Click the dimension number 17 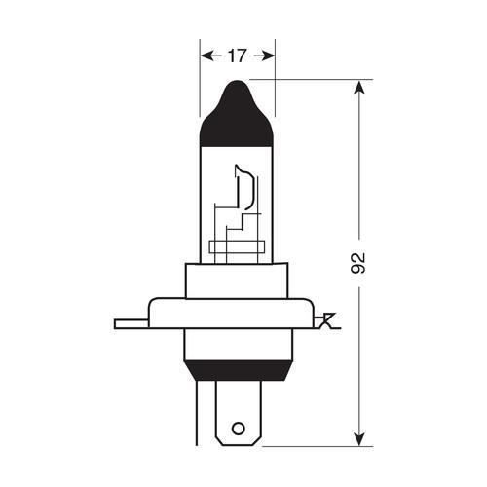(x=238, y=56)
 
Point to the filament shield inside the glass (x=243, y=190)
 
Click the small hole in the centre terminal (x=237, y=426)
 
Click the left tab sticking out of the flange (x=130, y=320)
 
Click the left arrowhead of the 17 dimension (x=206, y=56)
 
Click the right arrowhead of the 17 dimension (x=270, y=56)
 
